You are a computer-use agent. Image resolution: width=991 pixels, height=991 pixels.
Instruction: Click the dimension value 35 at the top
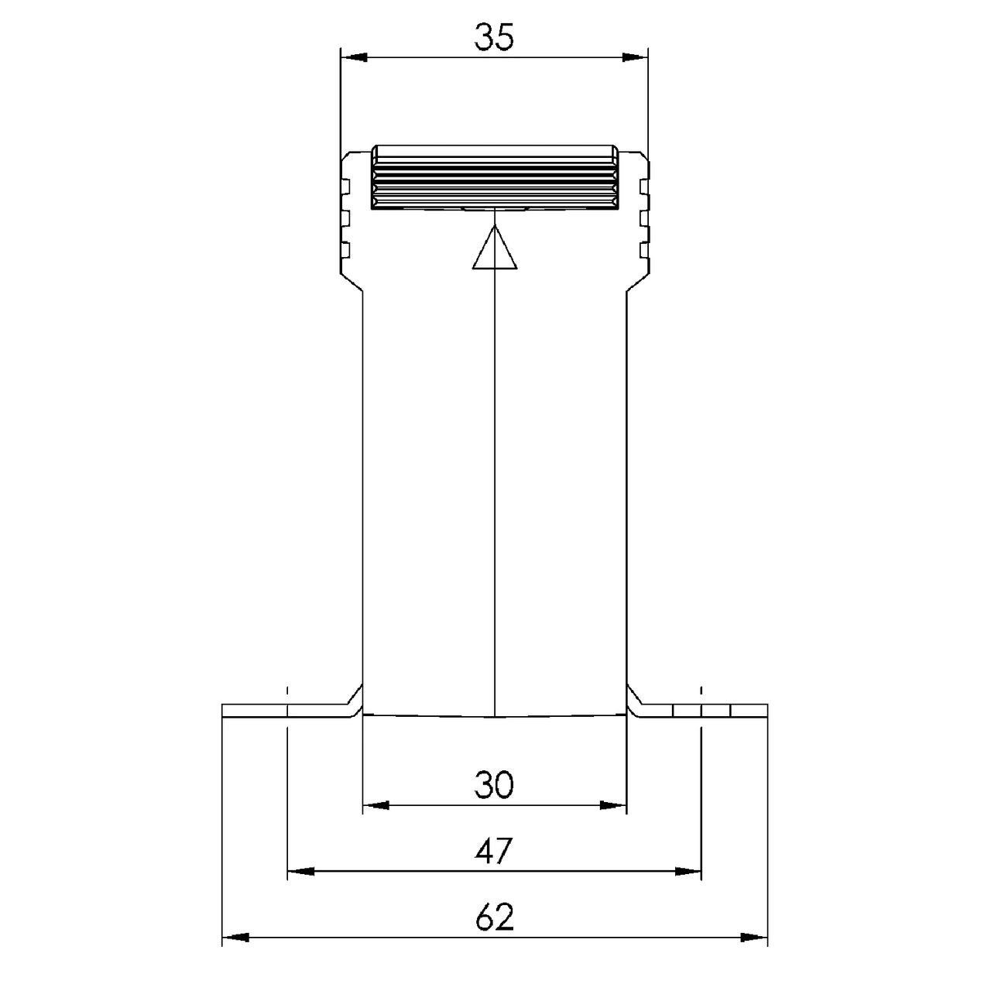[494, 37]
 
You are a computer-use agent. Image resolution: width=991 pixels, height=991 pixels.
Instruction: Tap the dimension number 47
[494, 852]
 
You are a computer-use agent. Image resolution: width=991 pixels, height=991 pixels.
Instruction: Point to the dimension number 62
[494, 918]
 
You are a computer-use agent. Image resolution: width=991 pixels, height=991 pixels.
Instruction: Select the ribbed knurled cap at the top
[495, 177]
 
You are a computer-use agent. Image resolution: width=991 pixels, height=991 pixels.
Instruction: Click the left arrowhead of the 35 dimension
[353, 57]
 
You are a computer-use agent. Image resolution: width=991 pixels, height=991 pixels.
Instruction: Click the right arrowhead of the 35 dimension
[635, 57]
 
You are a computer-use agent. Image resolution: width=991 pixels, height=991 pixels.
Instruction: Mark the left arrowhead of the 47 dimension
[300, 872]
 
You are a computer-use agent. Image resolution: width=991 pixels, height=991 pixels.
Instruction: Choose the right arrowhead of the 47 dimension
[688, 872]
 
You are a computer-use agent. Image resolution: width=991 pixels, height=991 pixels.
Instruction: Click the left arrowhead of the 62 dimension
[235, 938]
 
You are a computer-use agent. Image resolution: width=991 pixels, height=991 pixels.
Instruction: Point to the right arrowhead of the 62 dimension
[755, 938]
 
